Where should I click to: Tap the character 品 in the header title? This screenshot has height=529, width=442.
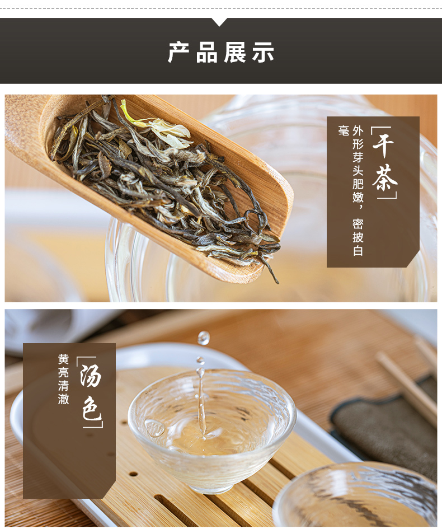click(x=206, y=52)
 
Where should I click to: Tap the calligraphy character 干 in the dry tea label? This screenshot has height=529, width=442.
click(x=383, y=145)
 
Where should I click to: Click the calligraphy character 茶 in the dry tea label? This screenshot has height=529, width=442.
click(x=385, y=177)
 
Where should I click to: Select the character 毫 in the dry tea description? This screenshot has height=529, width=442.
click(x=343, y=130)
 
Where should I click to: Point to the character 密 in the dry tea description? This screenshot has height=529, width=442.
click(x=358, y=224)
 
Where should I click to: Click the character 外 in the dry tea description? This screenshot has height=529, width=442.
click(x=358, y=130)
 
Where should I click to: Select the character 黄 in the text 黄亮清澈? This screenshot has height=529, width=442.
click(x=63, y=359)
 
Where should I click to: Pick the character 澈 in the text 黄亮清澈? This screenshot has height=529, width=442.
click(x=63, y=399)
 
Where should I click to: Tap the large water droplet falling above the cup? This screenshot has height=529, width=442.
click(x=203, y=338)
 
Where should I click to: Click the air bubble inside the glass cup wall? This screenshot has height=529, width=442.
click(x=154, y=428)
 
